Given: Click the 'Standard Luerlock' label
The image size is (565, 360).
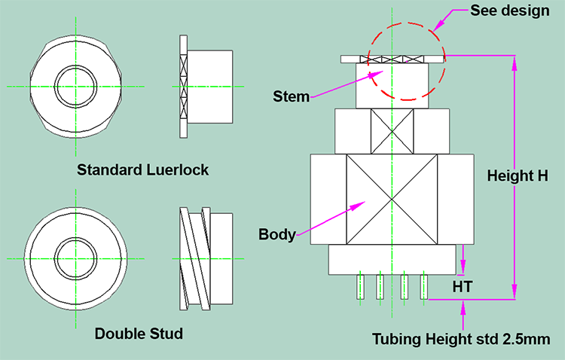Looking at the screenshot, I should pyautogui.click(x=142, y=169).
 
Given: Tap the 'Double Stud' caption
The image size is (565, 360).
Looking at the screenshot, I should pyautogui.click(x=139, y=333).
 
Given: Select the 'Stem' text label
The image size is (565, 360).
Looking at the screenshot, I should pyautogui.click(x=291, y=96).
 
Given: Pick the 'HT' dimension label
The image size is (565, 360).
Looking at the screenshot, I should pyautogui.click(x=463, y=287).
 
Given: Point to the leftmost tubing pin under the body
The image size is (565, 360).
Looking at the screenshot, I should pyautogui.click(x=361, y=287).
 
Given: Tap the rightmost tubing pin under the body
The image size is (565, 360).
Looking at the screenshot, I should pyautogui.click(x=424, y=287).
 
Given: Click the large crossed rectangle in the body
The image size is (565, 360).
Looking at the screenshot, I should pyautogui.click(x=391, y=200).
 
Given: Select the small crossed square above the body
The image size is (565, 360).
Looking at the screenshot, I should pyautogui.click(x=392, y=131).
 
